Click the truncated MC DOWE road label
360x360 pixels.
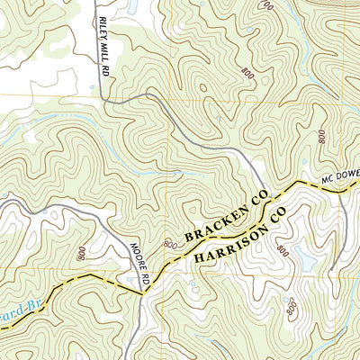click(338, 180)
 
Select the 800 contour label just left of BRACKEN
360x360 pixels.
click(169, 244)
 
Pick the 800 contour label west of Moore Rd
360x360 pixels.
click(83, 256)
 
